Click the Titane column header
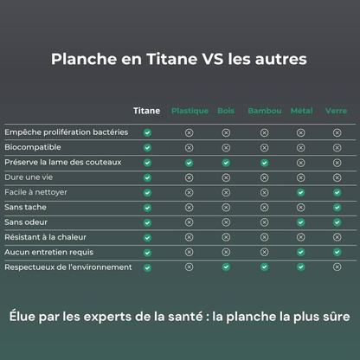coord(147,111)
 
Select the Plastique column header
coord(190,112)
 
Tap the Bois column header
coord(226,111)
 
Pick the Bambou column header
coord(264,111)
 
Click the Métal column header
coord(301,111)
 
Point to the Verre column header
coord(337,111)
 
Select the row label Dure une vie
coord(29,177)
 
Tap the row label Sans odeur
coord(28,222)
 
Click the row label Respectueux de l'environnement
coord(68,267)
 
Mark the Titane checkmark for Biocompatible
coord(147,147)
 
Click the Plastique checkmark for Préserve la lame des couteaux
coord(190,163)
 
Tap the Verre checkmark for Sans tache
coord(337,208)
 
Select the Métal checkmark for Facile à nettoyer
coord(301,192)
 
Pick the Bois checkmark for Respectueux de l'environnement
coord(226,267)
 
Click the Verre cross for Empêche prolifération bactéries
coord(337,132)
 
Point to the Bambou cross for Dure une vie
coord(264,177)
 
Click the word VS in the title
coord(213,60)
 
